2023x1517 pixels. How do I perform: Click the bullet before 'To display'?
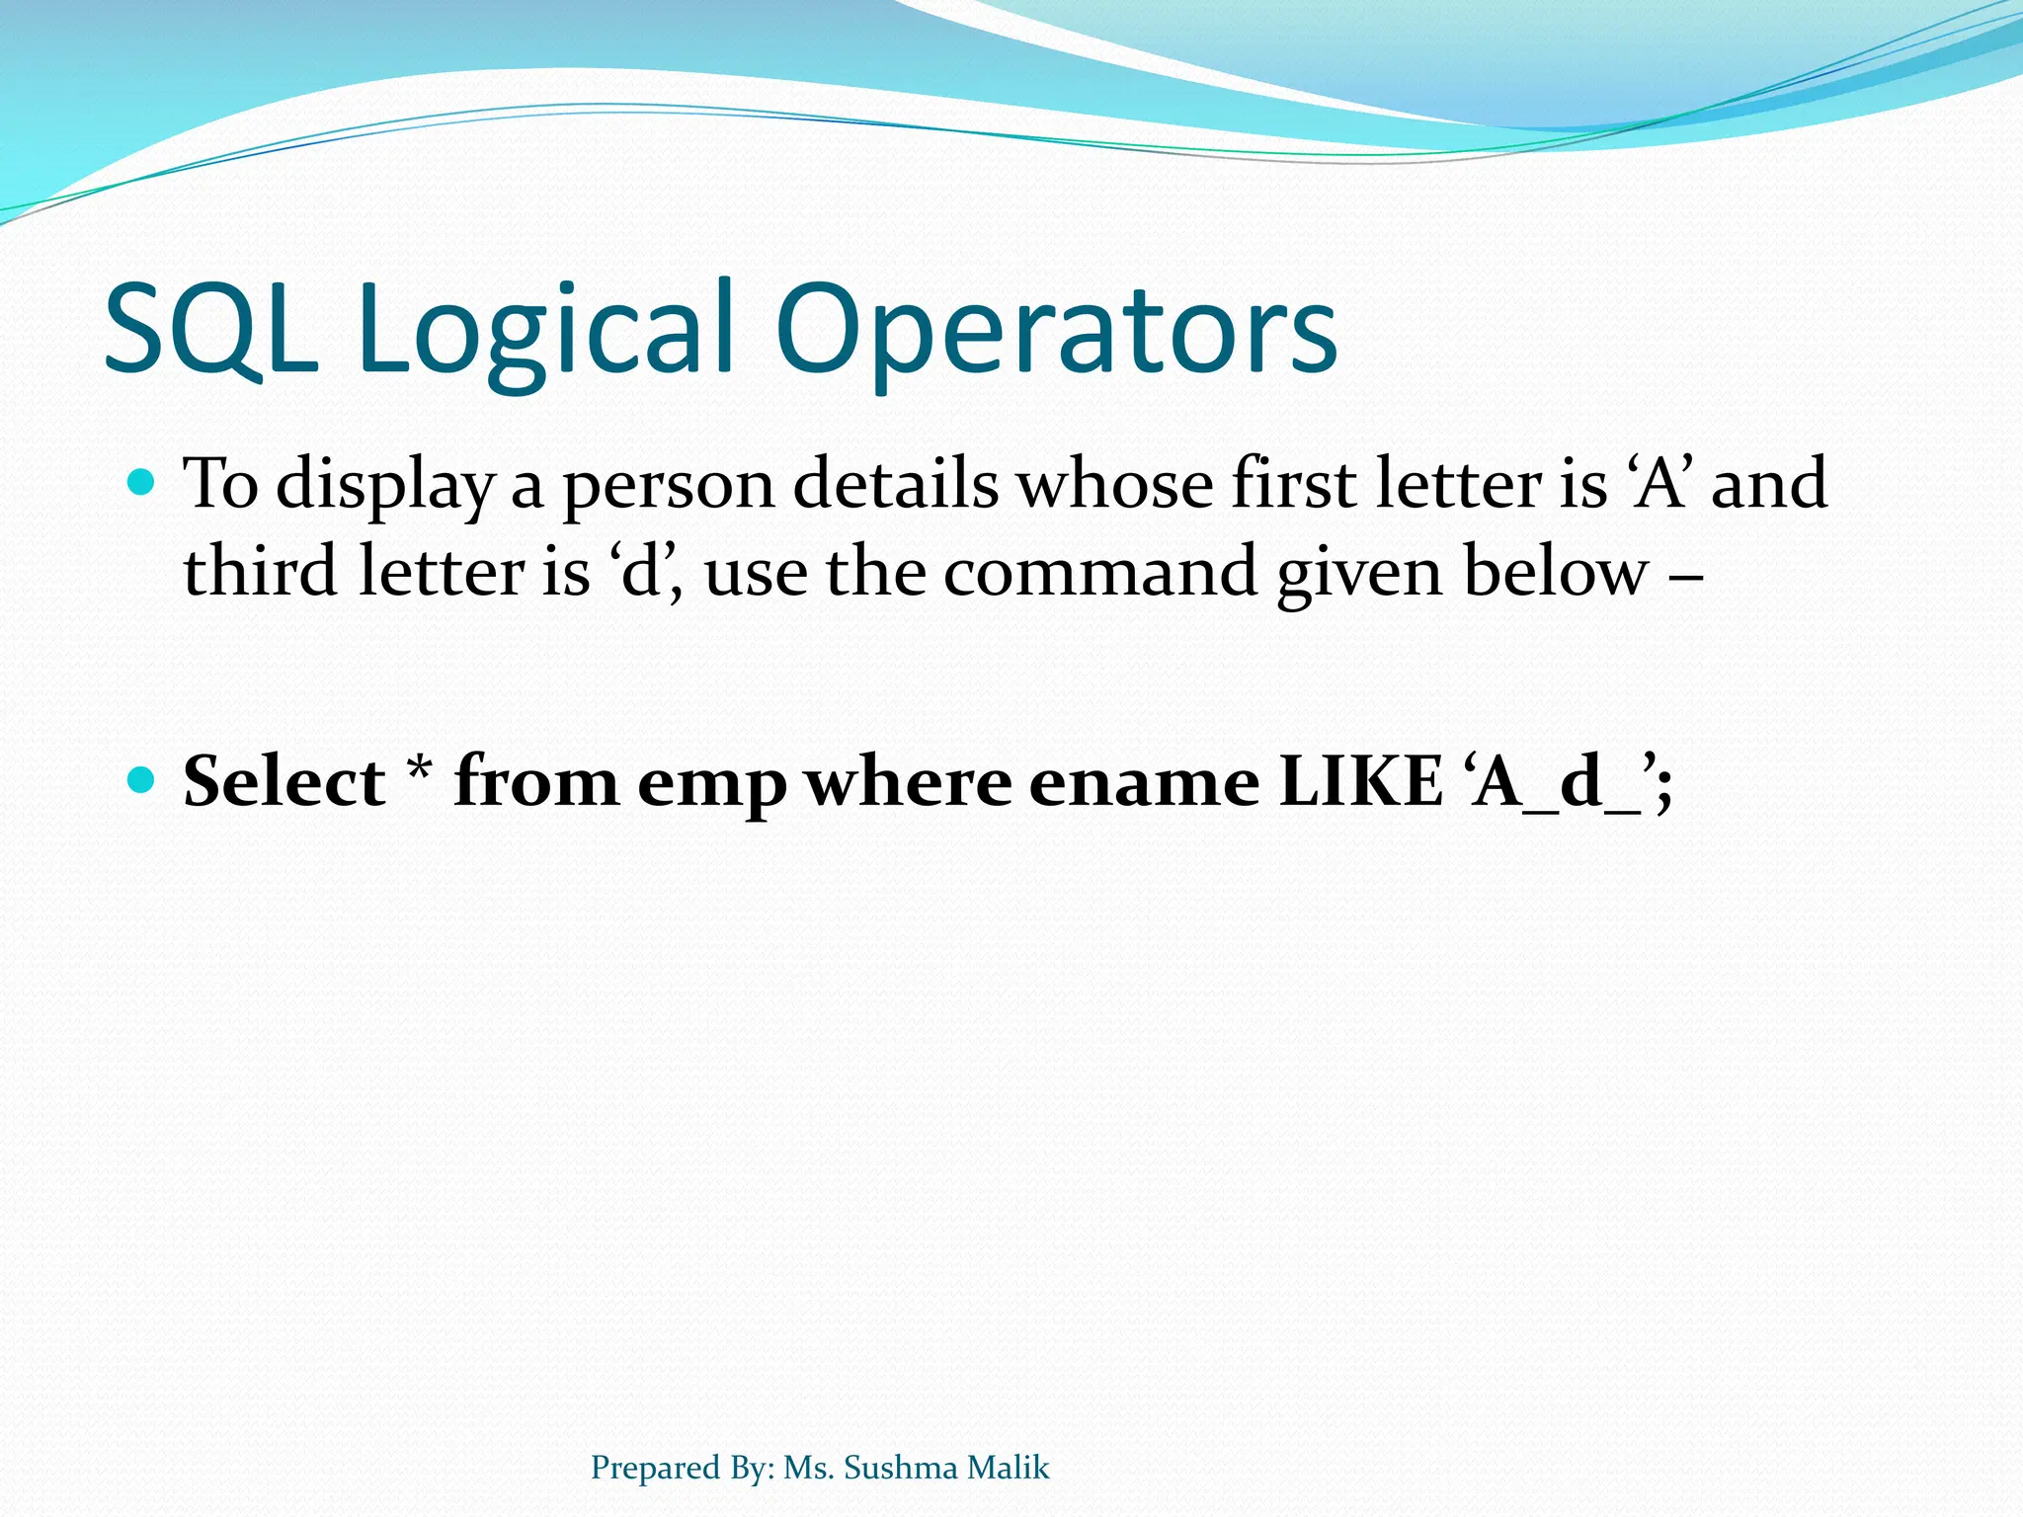142,483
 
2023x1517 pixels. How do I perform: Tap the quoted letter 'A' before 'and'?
1660,484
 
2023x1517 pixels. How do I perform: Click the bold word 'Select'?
284,781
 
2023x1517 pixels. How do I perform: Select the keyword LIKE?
1360,781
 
